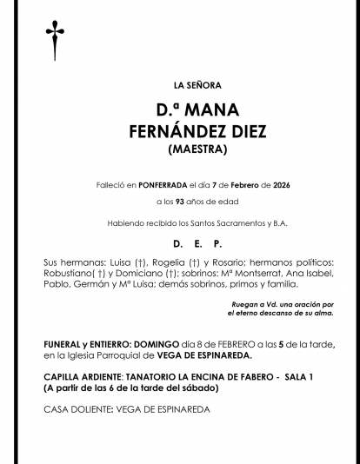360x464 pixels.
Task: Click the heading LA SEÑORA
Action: coord(197,85)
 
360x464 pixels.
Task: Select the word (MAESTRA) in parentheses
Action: coord(197,149)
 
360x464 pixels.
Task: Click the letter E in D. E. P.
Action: coord(197,244)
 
